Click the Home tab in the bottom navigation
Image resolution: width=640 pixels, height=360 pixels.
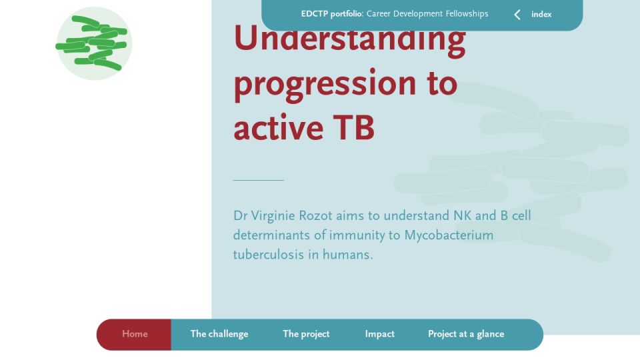tap(134, 334)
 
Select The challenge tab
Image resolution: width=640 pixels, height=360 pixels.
tap(219, 334)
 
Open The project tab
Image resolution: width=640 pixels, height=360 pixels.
tap(306, 334)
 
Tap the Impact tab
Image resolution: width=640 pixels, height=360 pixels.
tap(379, 334)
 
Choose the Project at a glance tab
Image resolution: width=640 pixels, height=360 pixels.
tap(466, 334)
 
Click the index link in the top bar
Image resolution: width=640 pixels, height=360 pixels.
tap(541, 14)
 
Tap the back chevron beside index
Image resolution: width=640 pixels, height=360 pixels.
tap(517, 15)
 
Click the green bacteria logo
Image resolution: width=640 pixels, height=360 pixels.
tap(94, 43)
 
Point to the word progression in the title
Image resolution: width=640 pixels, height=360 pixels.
tap(325, 85)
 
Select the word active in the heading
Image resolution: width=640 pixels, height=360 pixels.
tap(279, 128)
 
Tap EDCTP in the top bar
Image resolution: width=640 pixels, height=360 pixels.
tap(314, 14)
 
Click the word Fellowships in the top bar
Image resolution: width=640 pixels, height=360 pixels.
tap(467, 14)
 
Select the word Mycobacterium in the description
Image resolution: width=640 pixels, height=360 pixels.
tap(449, 235)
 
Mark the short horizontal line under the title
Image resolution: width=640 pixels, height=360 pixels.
tap(259, 180)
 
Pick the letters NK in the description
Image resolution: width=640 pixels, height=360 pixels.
tap(462, 215)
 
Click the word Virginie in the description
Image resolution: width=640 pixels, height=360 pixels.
tap(273, 216)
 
